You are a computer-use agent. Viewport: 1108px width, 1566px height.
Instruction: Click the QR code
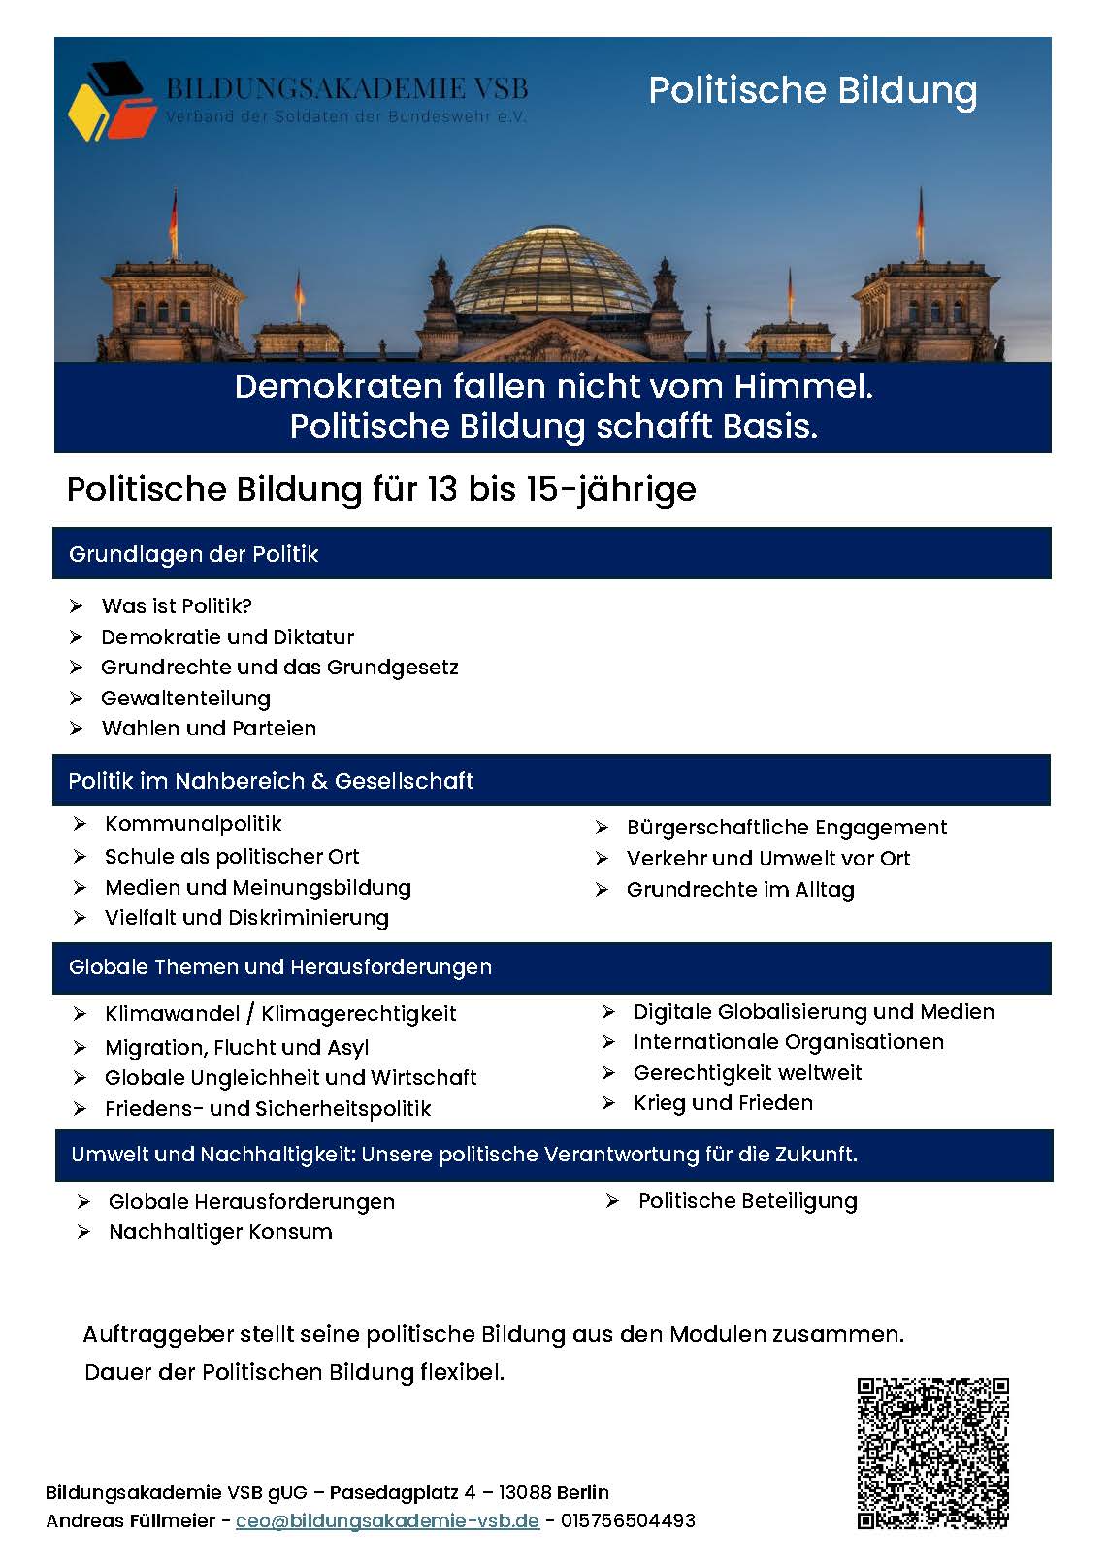(932, 1452)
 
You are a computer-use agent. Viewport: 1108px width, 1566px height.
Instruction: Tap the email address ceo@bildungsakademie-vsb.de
(387, 1520)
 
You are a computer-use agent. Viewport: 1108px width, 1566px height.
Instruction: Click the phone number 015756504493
(628, 1520)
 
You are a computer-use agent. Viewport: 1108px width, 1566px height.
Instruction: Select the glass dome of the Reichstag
(553, 272)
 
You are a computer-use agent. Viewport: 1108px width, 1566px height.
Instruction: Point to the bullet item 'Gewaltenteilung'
(185, 698)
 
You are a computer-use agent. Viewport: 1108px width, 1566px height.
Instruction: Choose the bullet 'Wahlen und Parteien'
(209, 728)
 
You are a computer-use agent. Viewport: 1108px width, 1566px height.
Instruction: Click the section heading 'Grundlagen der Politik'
(194, 554)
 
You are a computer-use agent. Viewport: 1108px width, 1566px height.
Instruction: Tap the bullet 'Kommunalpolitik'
(193, 824)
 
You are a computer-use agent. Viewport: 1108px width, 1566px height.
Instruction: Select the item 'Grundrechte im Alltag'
(740, 889)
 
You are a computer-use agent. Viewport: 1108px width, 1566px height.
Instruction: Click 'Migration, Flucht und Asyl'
(237, 1047)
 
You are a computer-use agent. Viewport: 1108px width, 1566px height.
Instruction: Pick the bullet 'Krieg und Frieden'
(723, 1102)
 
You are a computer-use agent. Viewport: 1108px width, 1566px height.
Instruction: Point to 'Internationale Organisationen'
(788, 1041)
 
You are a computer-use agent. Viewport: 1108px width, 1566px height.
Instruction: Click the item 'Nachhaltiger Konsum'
(220, 1231)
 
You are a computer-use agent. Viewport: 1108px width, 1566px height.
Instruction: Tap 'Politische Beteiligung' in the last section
(747, 1200)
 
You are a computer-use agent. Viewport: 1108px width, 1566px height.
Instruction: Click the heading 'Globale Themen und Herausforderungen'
(280, 966)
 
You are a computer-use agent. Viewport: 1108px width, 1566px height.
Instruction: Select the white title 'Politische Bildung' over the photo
(812, 90)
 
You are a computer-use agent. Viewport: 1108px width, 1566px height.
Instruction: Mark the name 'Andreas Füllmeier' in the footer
(131, 1520)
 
